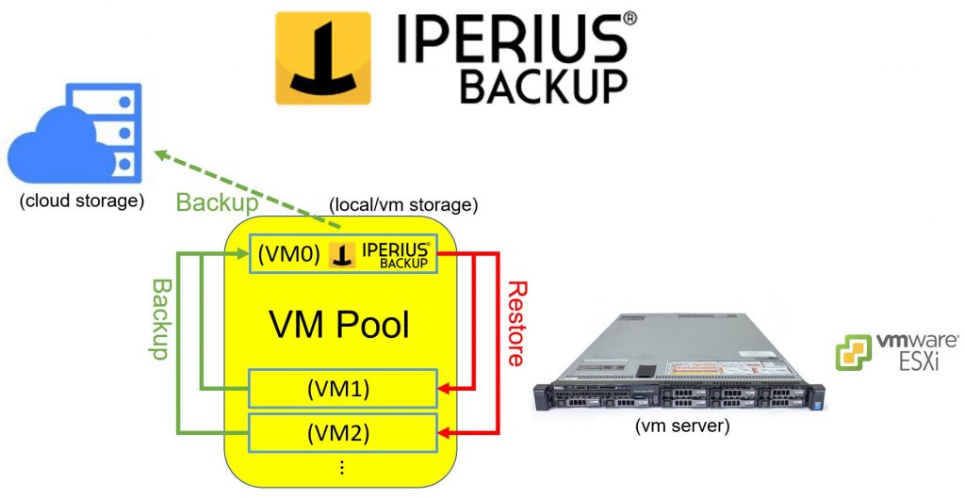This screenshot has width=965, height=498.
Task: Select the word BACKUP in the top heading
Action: pos(543,86)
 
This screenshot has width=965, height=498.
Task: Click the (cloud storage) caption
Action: pos(82,201)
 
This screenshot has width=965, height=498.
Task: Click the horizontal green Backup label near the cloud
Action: pos(218,202)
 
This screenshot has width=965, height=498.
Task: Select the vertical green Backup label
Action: pos(160,318)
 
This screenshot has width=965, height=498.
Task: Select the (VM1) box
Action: pos(343,387)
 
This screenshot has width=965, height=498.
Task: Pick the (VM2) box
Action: pos(343,433)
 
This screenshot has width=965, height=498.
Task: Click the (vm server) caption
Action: pos(679,426)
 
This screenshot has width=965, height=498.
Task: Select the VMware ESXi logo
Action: pos(896,351)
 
